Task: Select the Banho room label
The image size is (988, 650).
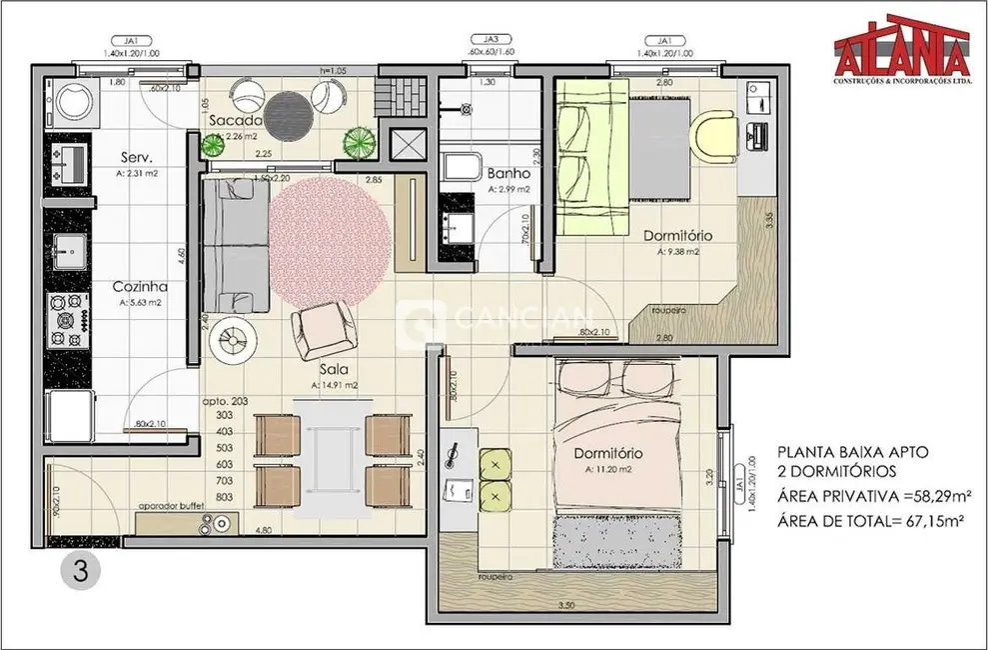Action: pos(508,172)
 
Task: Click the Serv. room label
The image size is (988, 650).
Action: pos(136,158)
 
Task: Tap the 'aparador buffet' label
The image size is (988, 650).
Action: pos(172,507)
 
